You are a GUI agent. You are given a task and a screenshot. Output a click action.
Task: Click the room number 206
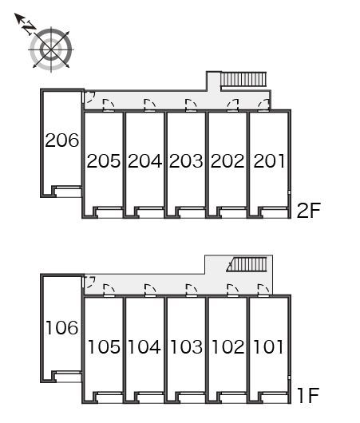point(61,140)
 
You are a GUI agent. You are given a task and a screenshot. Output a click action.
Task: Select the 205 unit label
point(104,161)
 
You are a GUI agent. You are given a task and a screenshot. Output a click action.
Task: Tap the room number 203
point(186,161)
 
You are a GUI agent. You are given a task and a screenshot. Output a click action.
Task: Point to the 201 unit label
point(269,161)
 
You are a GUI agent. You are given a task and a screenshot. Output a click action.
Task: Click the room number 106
point(61,328)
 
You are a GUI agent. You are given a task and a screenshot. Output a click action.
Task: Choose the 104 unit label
point(144,347)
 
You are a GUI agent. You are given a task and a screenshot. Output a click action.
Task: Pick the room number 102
point(228,347)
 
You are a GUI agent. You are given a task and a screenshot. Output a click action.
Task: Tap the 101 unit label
point(268,347)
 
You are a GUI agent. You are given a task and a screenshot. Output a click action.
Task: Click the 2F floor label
point(308,210)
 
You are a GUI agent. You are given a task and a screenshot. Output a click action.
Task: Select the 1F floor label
point(308,395)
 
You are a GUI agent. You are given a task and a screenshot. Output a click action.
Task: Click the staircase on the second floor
point(243,79)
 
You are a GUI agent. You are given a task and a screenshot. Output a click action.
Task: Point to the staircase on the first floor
point(247,264)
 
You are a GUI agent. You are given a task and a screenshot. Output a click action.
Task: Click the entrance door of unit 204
point(150,105)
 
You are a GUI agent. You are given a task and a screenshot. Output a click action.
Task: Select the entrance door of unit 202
point(232,105)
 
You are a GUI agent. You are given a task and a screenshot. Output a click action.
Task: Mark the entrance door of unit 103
point(192,291)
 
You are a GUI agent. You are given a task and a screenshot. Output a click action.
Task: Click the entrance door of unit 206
point(89,97)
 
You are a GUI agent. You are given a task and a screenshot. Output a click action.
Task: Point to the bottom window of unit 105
point(109,397)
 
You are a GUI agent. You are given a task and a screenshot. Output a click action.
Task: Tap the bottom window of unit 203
point(191,211)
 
